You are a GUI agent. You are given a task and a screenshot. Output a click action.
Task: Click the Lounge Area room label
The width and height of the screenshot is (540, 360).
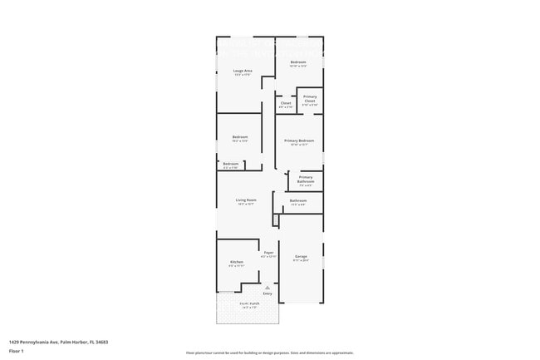243,71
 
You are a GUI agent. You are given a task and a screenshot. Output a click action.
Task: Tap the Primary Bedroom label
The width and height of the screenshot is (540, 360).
299,141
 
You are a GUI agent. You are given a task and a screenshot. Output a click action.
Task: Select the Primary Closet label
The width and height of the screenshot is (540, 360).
309,98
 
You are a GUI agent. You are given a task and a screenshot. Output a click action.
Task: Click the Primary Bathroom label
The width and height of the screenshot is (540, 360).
306,178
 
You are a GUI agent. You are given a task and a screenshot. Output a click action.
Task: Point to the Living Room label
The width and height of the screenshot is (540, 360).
245,200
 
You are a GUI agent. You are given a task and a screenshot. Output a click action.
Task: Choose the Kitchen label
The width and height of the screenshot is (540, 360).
237,262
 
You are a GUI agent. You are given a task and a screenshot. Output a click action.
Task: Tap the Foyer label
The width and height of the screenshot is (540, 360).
268,253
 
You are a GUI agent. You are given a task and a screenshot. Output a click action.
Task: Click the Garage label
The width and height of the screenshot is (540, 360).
301,256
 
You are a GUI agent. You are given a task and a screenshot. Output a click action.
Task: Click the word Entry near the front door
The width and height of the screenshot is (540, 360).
268,293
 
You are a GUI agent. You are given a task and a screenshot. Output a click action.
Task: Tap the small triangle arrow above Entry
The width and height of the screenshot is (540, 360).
268,287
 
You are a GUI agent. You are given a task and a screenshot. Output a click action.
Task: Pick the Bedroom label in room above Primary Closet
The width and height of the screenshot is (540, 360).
298,62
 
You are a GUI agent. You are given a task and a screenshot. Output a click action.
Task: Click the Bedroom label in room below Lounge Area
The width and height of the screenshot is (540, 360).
239,137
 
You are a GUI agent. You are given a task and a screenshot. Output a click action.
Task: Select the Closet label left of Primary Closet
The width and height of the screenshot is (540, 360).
285,103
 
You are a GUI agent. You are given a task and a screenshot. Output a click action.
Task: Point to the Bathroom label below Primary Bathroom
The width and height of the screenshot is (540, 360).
298,200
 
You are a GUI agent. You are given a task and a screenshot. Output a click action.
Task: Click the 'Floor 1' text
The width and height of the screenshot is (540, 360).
17,352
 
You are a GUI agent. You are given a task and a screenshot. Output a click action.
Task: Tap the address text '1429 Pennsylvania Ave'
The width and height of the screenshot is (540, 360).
37,342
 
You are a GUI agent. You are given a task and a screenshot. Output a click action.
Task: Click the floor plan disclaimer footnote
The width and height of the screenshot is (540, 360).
270,353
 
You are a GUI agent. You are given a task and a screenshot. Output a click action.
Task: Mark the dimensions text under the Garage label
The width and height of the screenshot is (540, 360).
301,261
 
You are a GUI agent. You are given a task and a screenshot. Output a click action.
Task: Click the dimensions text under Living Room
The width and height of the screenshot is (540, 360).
245,205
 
